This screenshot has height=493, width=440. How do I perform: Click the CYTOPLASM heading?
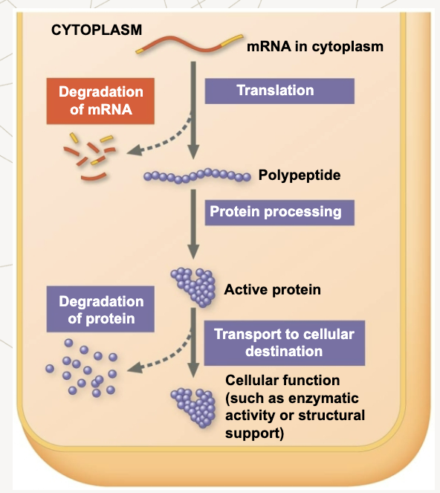[97, 30]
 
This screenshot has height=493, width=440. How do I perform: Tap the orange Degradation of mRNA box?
[100, 101]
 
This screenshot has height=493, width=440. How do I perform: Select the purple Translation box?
[279, 91]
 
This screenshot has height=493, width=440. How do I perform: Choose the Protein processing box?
[279, 213]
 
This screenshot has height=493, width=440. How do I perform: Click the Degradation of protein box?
[100, 309]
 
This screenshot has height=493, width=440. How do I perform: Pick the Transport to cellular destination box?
[285, 343]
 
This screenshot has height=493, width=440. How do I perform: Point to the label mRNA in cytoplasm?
[315, 47]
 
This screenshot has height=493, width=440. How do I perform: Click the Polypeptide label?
[300, 175]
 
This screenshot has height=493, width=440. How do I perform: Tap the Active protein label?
[273, 289]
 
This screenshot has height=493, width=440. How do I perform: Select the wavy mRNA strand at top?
[189, 45]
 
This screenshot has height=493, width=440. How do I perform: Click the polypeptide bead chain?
[197, 175]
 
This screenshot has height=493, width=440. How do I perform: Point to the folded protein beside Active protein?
[193, 287]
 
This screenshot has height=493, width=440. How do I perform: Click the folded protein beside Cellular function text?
[193, 407]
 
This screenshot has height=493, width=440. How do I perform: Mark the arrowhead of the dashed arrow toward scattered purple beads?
[135, 368]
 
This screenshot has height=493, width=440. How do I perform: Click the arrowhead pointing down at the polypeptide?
[193, 152]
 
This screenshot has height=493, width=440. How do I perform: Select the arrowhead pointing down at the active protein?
[193, 251]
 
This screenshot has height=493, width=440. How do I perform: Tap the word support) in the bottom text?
[255, 434]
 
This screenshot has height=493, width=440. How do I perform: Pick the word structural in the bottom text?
[331, 416]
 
